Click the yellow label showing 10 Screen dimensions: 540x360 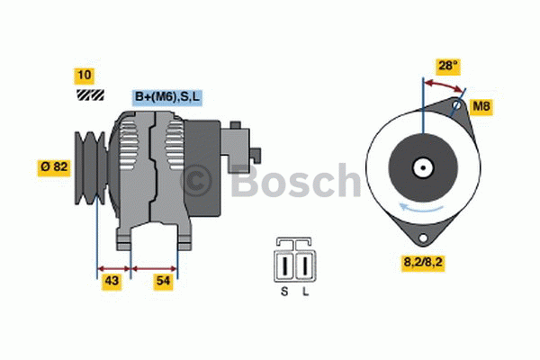[85, 76]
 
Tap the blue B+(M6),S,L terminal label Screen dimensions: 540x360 [167, 97]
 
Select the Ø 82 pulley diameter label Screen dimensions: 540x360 [54, 167]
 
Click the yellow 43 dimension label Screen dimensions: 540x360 [112, 281]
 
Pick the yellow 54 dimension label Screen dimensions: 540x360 [163, 281]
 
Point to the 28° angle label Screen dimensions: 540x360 [448, 66]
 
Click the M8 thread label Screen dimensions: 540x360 [481, 106]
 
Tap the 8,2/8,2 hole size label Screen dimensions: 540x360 [423, 263]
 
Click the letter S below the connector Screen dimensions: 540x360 [284, 292]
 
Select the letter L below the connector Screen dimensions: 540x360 [305, 292]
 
